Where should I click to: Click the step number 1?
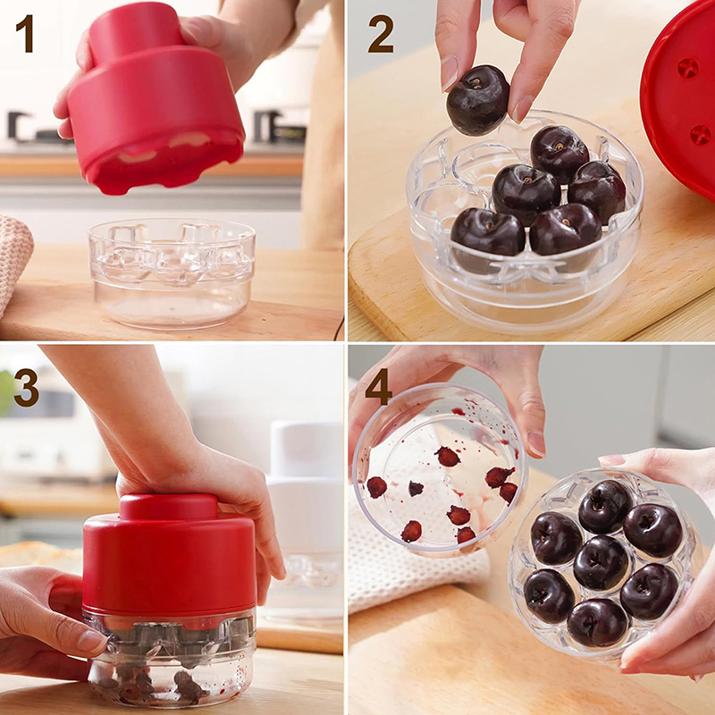(x=25, y=33)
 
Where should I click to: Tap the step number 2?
(x=381, y=34)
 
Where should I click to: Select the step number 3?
(x=27, y=387)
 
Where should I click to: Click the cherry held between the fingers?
(x=477, y=100)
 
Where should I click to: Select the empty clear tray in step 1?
(x=172, y=273)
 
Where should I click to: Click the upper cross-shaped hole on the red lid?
(x=687, y=68)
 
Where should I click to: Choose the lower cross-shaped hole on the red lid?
(x=700, y=135)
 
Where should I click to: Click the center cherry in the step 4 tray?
(x=601, y=563)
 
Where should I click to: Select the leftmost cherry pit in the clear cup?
(x=376, y=487)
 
